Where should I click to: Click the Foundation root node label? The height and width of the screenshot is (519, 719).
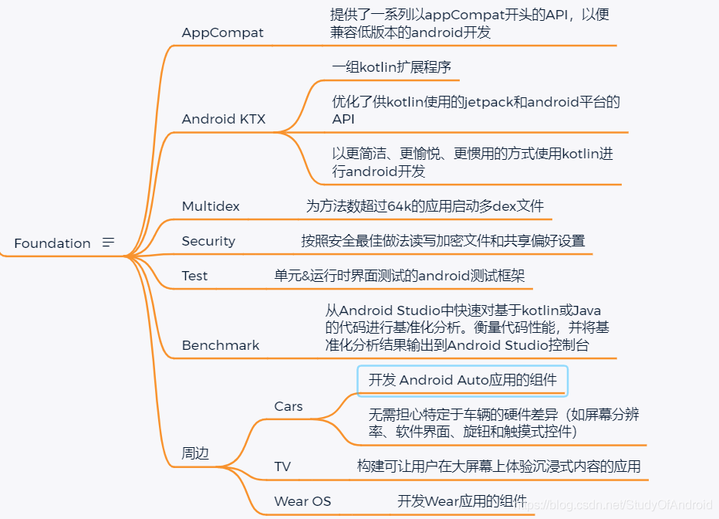52,243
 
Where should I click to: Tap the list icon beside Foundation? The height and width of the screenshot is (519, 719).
109,243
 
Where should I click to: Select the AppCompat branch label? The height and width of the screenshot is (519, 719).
222,32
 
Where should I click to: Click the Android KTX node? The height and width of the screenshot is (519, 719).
224,119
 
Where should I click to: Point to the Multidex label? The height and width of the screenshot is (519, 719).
211,206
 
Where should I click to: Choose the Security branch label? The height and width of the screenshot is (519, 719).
208,241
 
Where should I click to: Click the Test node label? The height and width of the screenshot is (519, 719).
194,276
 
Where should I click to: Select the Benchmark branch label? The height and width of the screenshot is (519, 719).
221,345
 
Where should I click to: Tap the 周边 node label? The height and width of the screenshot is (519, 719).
195,453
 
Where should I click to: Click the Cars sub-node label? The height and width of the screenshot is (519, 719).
289,406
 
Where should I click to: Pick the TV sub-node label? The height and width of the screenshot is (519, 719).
282,466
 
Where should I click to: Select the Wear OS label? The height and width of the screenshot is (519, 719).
302,501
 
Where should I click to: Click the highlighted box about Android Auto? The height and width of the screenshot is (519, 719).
462,380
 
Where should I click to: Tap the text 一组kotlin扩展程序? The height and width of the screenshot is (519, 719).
391,67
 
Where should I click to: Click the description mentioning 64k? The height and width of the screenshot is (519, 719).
425,206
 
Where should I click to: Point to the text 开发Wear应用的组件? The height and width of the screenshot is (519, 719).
462,501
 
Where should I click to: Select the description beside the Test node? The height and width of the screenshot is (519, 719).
399,276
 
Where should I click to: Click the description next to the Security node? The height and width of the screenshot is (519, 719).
443,241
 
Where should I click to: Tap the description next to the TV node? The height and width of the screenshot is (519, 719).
498,466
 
